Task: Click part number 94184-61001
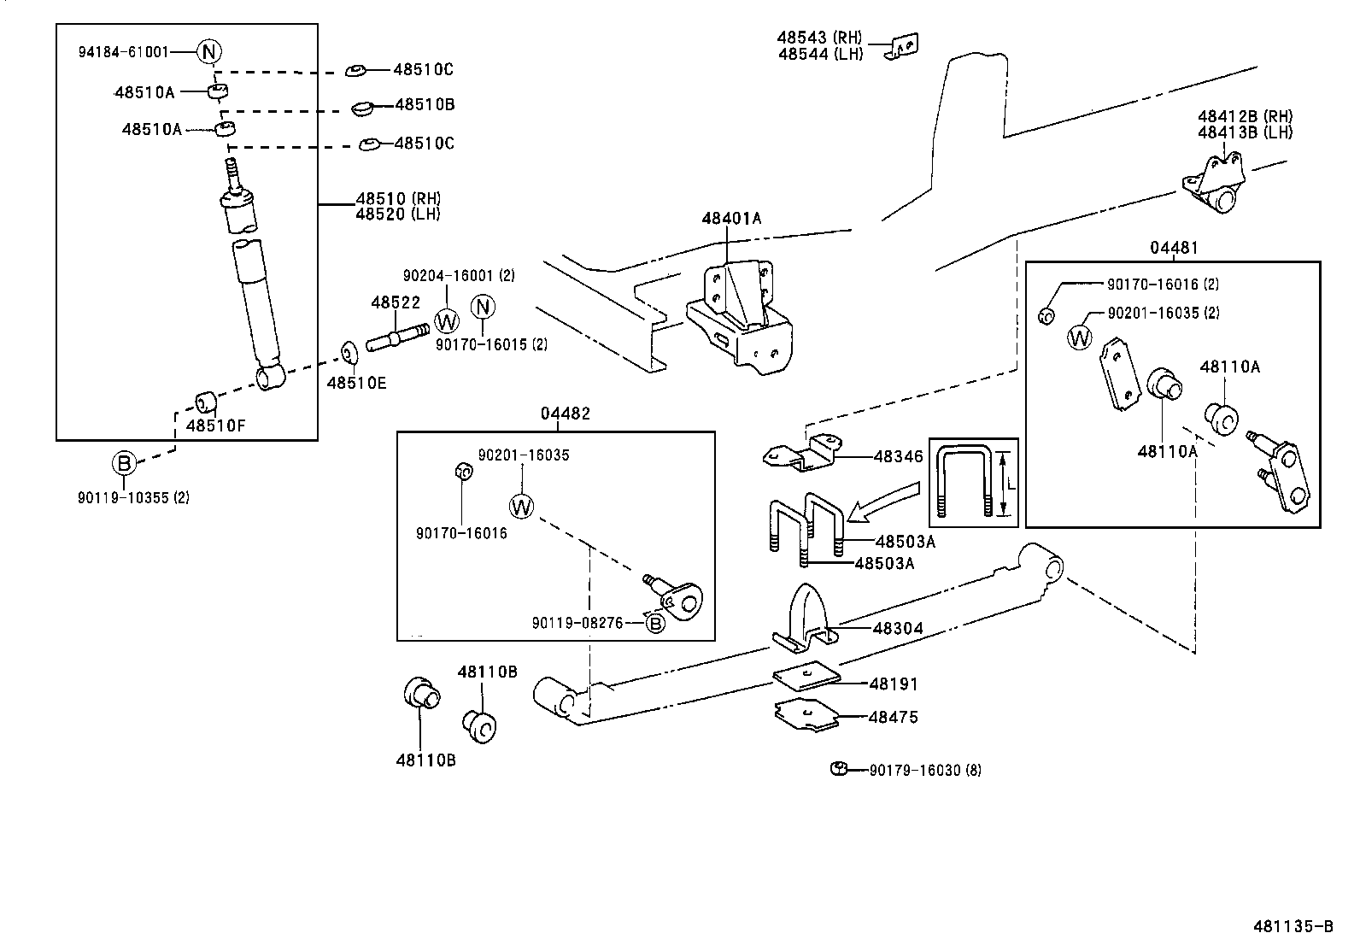(124, 51)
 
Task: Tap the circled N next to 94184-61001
(209, 51)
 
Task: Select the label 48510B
(425, 105)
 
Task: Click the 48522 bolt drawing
(396, 336)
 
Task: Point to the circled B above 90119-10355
(125, 464)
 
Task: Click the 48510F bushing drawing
(205, 401)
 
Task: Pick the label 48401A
(731, 218)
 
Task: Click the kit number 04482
(565, 413)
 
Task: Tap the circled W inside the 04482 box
(521, 506)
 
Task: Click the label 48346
(898, 457)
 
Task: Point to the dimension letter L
(1011, 484)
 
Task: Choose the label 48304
(897, 628)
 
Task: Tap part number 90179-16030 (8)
(925, 770)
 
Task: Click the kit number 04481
(1174, 248)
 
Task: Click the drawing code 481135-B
(1293, 926)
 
